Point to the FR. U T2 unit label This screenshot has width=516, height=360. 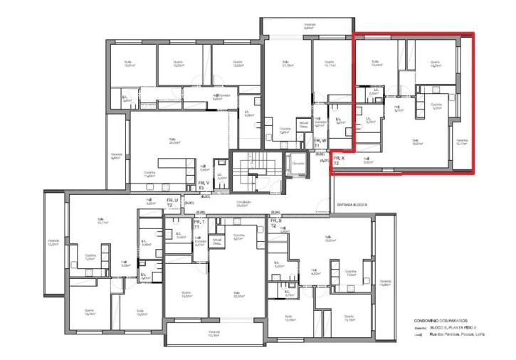click(x=173, y=203)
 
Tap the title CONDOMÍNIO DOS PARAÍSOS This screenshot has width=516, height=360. click(x=439, y=321)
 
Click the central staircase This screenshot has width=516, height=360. click(x=252, y=171)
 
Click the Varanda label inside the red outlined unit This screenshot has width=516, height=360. click(x=461, y=142)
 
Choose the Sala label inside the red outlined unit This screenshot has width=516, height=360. click(x=416, y=142)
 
